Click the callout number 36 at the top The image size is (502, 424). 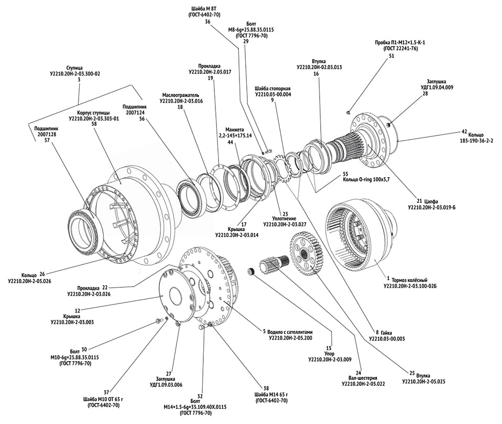pos(208,22)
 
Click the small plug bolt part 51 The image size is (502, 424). pos(348,112)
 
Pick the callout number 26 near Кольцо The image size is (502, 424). pos(42,273)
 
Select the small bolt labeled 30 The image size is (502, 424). pos(158,321)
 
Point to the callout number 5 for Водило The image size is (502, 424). pos(264,331)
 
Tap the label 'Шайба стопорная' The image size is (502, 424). pos(272,88)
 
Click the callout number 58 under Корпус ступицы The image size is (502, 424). pos(94,124)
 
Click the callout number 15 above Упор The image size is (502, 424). pos(329,347)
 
